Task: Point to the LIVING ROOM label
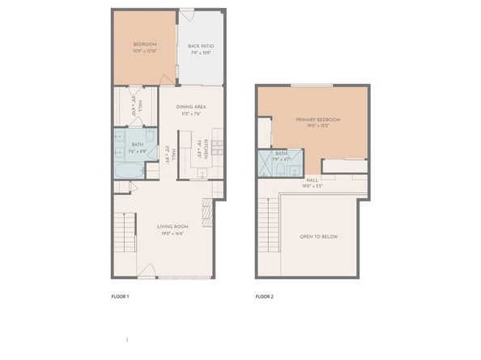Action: (172, 227)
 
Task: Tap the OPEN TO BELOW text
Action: (319, 236)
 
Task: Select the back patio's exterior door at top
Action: (185, 15)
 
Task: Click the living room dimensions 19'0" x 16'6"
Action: (172, 233)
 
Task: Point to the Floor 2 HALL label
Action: (312, 180)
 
